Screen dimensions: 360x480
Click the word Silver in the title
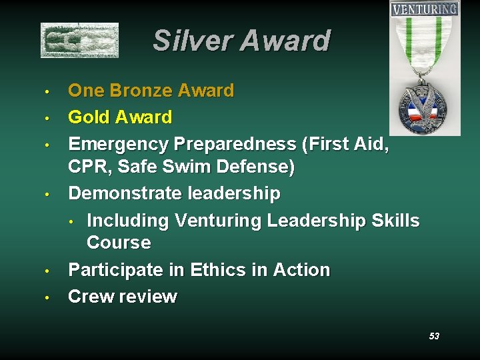click(192, 41)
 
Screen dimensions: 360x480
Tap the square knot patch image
click(79, 40)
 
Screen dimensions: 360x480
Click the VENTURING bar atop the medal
click(425, 9)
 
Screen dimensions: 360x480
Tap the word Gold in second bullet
click(90, 117)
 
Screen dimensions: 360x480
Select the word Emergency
click(118, 144)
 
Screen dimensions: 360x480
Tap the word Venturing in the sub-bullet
click(217, 221)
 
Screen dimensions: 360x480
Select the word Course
click(119, 243)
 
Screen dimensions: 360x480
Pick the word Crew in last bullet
click(91, 297)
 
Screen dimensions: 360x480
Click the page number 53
click(434, 336)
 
